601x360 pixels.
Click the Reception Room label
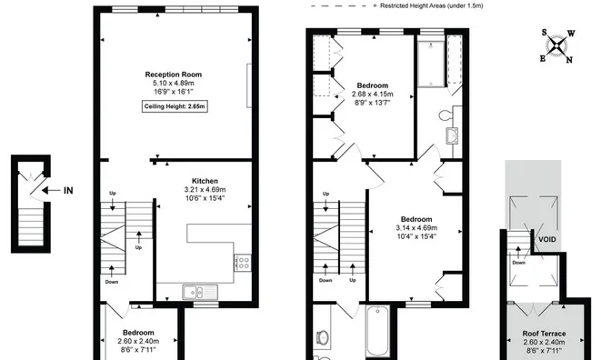pyautogui.click(x=174, y=75)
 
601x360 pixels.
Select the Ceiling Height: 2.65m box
pyautogui.click(x=175, y=106)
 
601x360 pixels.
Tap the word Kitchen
pyautogui.click(x=205, y=181)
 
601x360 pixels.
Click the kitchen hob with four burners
pyautogui.click(x=243, y=263)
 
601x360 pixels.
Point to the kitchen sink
pyautogui.click(x=200, y=292)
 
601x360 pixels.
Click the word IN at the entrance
pyautogui.click(x=68, y=191)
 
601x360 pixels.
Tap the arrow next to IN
pyautogui.click(x=51, y=190)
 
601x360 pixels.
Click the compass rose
pyautogui.click(x=556, y=46)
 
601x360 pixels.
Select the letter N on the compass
pyautogui.click(x=569, y=60)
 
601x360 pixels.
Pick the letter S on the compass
pyautogui.click(x=544, y=33)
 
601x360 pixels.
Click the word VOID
pyautogui.click(x=547, y=240)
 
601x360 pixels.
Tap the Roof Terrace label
pyautogui.click(x=544, y=334)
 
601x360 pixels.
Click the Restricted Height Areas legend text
pyautogui.click(x=432, y=5)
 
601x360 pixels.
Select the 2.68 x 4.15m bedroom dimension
pyautogui.click(x=373, y=94)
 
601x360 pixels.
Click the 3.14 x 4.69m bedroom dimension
pyautogui.click(x=416, y=228)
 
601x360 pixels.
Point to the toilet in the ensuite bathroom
pyautogui.click(x=446, y=115)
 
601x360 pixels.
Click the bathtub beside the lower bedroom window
pyautogui.click(x=378, y=331)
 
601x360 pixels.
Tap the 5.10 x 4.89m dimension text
pyautogui.click(x=174, y=84)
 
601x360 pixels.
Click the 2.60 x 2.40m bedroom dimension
pyautogui.click(x=138, y=341)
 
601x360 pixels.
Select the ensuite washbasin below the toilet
pyautogui.click(x=452, y=135)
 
